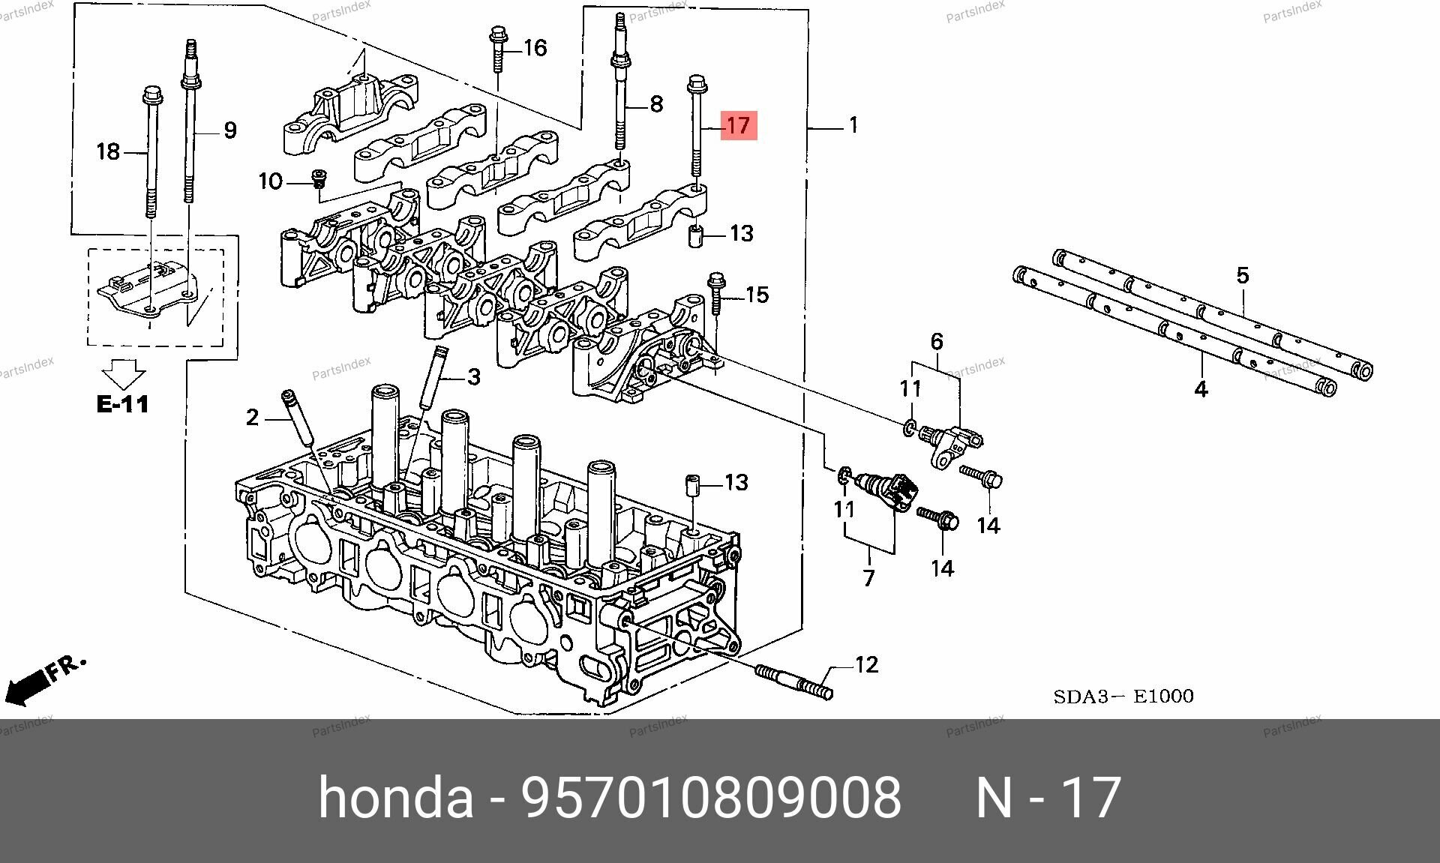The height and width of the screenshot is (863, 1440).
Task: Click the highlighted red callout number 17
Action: [x=739, y=125]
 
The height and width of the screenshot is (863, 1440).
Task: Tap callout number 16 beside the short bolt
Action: [x=535, y=49]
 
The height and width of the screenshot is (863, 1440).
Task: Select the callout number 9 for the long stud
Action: [x=230, y=130]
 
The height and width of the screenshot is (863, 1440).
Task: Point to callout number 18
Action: [x=108, y=152]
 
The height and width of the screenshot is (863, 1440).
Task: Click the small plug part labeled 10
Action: [x=320, y=179]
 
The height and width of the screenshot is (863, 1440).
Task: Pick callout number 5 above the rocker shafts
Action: [x=1243, y=275]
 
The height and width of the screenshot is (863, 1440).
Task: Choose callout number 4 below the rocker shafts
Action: [x=1201, y=389]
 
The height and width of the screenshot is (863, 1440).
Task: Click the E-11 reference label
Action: [x=122, y=404]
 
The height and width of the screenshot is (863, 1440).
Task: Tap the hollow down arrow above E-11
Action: [x=124, y=373]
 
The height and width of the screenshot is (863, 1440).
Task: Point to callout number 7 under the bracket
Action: [x=868, y=578]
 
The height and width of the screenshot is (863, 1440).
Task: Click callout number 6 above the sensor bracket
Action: [x=937, y=343]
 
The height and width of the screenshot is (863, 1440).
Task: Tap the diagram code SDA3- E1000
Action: [x=1123, y=697]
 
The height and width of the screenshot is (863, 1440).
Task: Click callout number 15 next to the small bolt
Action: [x=757, y=295]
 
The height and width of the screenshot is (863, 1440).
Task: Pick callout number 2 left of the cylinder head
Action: [x=252, y=418]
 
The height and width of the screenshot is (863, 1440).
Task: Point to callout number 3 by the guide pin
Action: [x=473, y=376]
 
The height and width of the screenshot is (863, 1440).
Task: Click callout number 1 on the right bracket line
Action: [x=853, y=125]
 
